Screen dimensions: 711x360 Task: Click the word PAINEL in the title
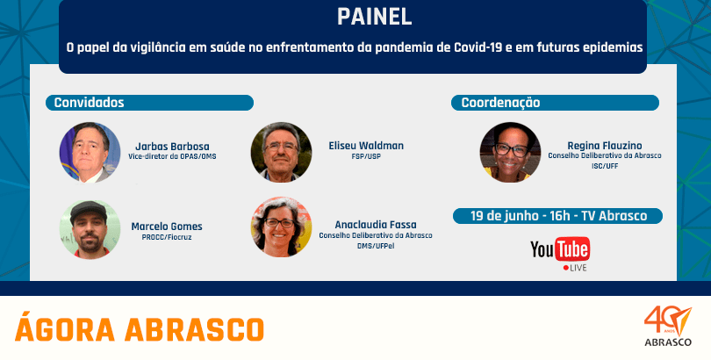374,17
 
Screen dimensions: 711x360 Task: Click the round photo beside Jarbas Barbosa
90,153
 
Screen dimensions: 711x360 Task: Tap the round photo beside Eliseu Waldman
281,153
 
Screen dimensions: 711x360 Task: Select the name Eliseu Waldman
366,146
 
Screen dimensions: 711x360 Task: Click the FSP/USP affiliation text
366,156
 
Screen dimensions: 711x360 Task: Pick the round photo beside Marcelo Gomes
90,229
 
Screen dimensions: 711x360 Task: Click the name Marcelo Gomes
167,227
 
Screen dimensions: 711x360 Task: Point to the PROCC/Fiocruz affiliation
167,237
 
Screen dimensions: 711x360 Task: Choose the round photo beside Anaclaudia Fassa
281,227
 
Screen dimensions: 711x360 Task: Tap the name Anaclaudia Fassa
376,225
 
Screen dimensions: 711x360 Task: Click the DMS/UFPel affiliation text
376,245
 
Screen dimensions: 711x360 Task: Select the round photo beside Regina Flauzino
510,153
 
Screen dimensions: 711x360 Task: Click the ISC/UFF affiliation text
605,166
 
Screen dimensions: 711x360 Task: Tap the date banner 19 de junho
557,216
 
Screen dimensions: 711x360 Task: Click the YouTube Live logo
560,253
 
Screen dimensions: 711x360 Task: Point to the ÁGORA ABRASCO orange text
140,328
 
